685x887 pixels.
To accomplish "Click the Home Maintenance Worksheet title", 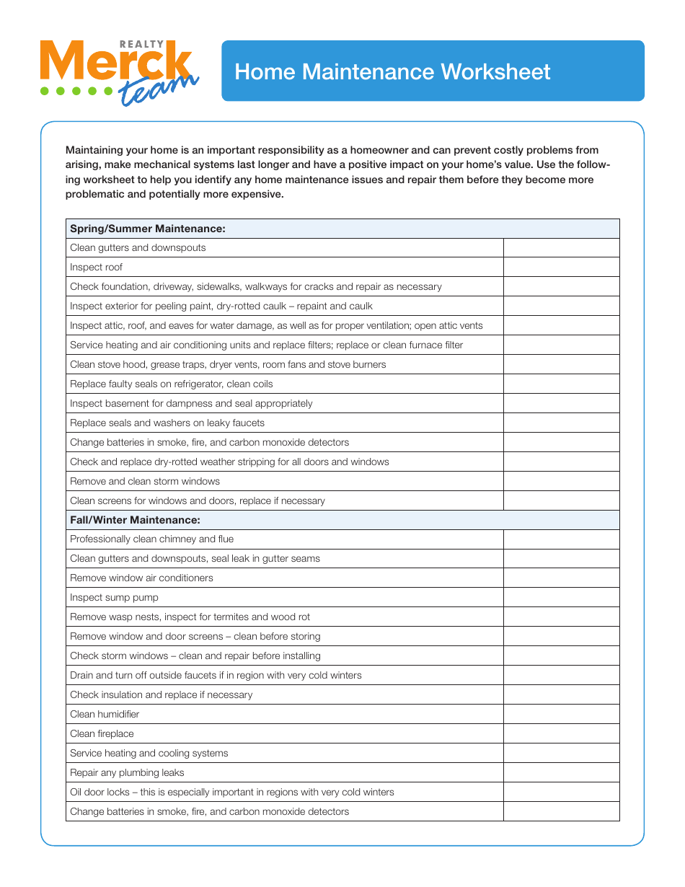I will coord(392,72).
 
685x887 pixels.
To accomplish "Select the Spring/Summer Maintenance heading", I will coord(148,229).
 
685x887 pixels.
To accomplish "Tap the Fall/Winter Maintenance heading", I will coord(135,520).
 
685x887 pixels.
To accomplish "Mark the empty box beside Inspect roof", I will coord(561,268).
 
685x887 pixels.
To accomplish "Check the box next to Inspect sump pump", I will coord(561,598).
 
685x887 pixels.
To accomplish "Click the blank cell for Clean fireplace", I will coord(561,734).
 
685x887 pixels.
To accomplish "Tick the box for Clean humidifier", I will coord(561,715).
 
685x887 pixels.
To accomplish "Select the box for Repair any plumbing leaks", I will coord(561,773).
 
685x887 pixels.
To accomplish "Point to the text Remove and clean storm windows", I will coord(145,482).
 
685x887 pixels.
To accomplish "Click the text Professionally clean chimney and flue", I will coord(151,539).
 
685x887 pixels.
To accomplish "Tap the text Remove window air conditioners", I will coord(141,578).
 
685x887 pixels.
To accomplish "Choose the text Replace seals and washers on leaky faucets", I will coord(167,423).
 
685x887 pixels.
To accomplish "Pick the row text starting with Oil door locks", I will coord(231,793).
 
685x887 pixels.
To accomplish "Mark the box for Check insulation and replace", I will coord(561,695).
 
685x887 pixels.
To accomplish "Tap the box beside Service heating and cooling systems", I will coord(561,754).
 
